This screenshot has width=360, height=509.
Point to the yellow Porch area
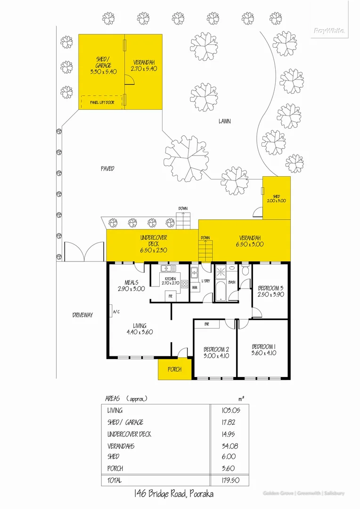(174, 369)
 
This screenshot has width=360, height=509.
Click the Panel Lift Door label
(102, 102)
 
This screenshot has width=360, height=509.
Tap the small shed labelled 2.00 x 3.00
(276, 198)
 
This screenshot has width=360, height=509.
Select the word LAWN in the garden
(224, 121)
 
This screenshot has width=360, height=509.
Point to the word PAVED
(107, 168)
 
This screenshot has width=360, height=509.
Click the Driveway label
(82, 315)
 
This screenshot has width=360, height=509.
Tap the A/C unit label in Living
(115, 312)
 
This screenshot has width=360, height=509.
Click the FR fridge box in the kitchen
(171, 296)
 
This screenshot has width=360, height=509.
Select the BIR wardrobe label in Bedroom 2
(207, 325)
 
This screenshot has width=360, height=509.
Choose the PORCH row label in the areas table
(115, 468)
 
